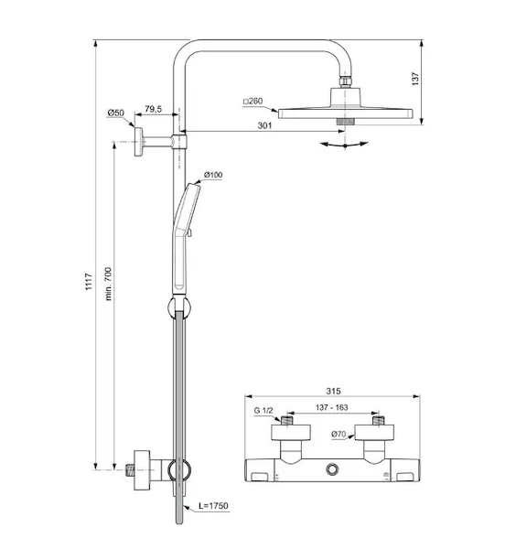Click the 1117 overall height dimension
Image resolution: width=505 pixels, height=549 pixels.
(89, 282)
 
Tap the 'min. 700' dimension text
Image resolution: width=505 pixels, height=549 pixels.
(109, 284)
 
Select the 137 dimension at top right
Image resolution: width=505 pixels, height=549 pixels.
(415, 79)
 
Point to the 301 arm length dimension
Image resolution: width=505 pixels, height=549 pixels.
(264, 125)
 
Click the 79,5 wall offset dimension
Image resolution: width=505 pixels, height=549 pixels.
(154, 109)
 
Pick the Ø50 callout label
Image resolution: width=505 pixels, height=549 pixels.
(115, 113)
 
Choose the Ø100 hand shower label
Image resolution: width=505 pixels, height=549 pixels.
(213, 175)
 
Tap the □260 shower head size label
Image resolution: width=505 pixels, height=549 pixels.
(253, 102)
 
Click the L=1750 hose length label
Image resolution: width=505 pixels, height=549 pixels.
(213, 506)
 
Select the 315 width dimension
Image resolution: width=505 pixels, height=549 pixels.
(333, 391)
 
